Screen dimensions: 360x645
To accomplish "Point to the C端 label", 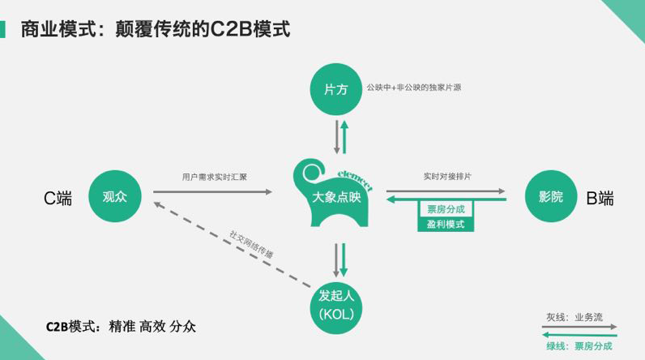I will pyautogui.click(x=58, y=198).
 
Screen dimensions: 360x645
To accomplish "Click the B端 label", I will pyautogui.click(x=600, y=198).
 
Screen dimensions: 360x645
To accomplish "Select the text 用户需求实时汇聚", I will pyautogui.click(x=215, y=177).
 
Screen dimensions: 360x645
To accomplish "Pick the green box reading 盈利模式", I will pyautogui.click(x=446, y=223).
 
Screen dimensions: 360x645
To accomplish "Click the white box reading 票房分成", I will pyautogui.click(x=446, y=209).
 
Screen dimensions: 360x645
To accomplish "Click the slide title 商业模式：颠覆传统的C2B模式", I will pyautogui.click(x=155, y=29).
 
